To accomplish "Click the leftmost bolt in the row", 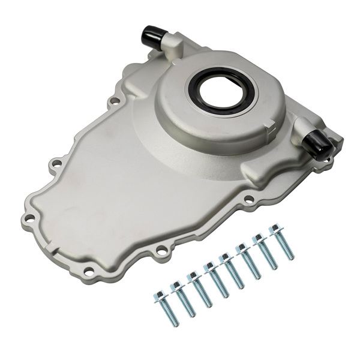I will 166,308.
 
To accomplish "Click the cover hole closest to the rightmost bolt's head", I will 247,200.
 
